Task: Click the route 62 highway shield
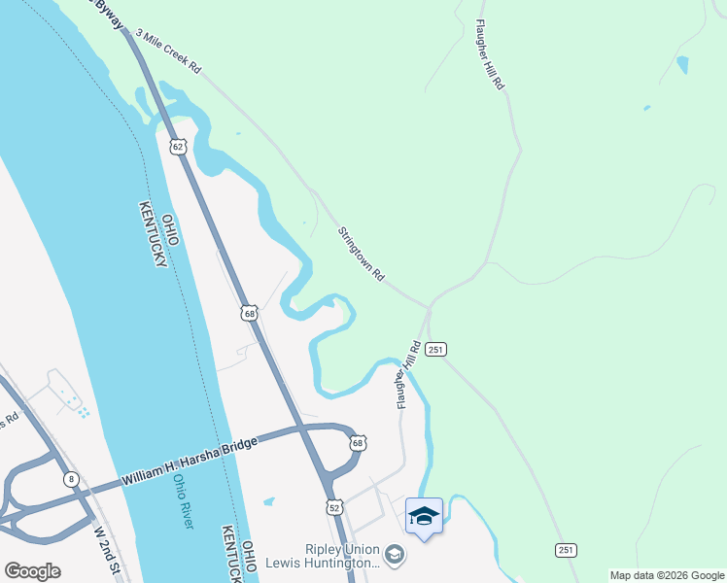pyautogui.click(x=176, y=146)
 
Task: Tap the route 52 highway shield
pyautogui.click(x=334, y=507)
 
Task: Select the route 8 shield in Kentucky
pyautogui.click(x=70, y=479)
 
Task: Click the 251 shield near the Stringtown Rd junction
pyautogui.click(x=435, y=348)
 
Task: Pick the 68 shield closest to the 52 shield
pyautogui.click(x=358, y=442)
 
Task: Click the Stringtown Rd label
pyautogui.click(x=362, y=255)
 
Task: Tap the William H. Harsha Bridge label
pyautogui.click(x=190, y=462)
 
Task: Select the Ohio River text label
pyautogui.click(x=183, y=501)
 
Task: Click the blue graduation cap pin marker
pyautogui.click(x=424, y=516)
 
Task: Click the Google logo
pyautogui.click(x=32, y=571)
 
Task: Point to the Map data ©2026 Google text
pyautogui.click(x=667, y=575)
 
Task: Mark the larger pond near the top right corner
pyautogui.click(x=682, y=65)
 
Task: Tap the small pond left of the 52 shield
pyautogui.click(x=268, y=501)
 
